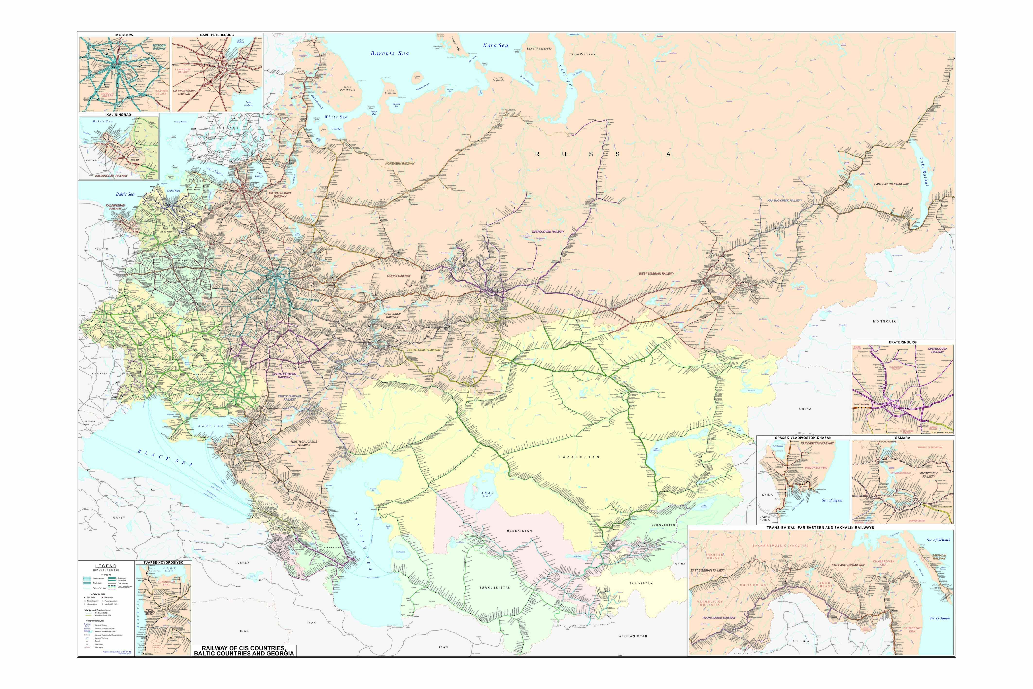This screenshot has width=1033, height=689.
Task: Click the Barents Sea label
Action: (390, 54)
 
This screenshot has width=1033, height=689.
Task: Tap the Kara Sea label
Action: (495, 45)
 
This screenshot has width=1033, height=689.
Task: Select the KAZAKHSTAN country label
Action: (579, 457)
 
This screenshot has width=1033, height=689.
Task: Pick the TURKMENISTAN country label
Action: (495, 587)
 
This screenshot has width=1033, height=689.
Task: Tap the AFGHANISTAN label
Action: (633, 636)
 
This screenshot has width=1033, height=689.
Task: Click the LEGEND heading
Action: (106, 566)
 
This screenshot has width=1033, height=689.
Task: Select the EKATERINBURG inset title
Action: (903, 342)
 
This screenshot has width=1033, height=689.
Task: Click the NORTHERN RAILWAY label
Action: (400, 164)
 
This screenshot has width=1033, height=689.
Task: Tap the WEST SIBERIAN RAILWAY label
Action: (656, 274)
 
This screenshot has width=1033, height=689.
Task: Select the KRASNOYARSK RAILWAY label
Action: (784, 200)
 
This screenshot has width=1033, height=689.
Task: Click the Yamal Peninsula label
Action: (539, 49)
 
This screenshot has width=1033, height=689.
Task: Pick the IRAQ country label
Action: (244, 631)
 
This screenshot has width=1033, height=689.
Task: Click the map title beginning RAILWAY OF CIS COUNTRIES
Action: (244, 651)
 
